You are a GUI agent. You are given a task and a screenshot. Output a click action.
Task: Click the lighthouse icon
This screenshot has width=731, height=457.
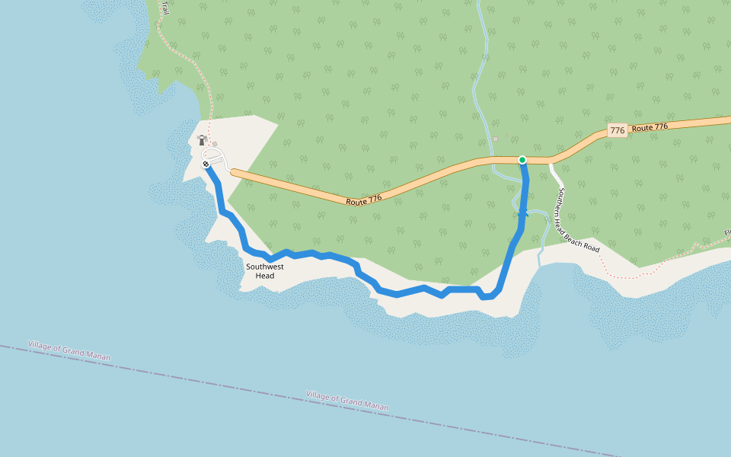(x=202, y=140)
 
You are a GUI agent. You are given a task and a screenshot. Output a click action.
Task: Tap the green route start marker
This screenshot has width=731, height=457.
(x=522, y=159)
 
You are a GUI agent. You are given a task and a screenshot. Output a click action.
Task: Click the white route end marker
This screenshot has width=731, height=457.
(x=206, y=164)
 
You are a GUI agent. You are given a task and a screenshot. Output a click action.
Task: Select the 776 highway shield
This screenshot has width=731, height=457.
(x=618, y=131)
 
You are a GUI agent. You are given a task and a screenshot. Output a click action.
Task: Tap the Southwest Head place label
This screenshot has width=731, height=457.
(x=264, y=271)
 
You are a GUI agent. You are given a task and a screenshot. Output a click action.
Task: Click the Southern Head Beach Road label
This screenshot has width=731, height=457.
(x=578, y=221)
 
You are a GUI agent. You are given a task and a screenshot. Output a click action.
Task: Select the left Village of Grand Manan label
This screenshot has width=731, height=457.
(x=69, y=350)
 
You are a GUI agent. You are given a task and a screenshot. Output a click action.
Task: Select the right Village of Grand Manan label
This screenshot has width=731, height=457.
(x=347, y=401)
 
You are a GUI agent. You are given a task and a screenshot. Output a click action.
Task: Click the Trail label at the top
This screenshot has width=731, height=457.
(x=164, y=8)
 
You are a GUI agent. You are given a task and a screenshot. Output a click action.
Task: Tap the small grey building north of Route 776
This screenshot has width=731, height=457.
(x=495, y=139)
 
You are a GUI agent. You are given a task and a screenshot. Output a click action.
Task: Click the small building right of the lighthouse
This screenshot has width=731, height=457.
(x=215, y=144)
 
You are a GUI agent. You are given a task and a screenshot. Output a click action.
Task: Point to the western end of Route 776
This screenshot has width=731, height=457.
(x=235, y=173)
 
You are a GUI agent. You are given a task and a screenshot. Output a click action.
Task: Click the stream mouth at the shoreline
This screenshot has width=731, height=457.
(x=539, y=263)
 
